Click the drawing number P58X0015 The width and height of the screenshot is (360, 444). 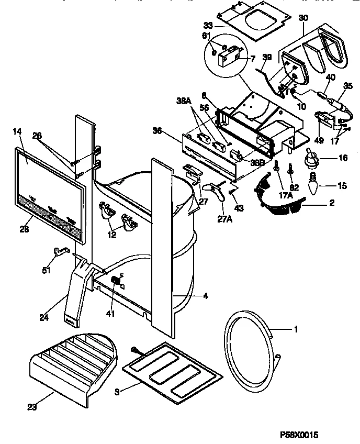pos(299,435)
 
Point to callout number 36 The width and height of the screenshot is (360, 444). pos(156,131)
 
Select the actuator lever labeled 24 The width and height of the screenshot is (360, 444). pos(78,293)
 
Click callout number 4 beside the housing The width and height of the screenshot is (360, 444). pos(205,296)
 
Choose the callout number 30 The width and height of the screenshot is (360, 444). pos(302,17)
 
